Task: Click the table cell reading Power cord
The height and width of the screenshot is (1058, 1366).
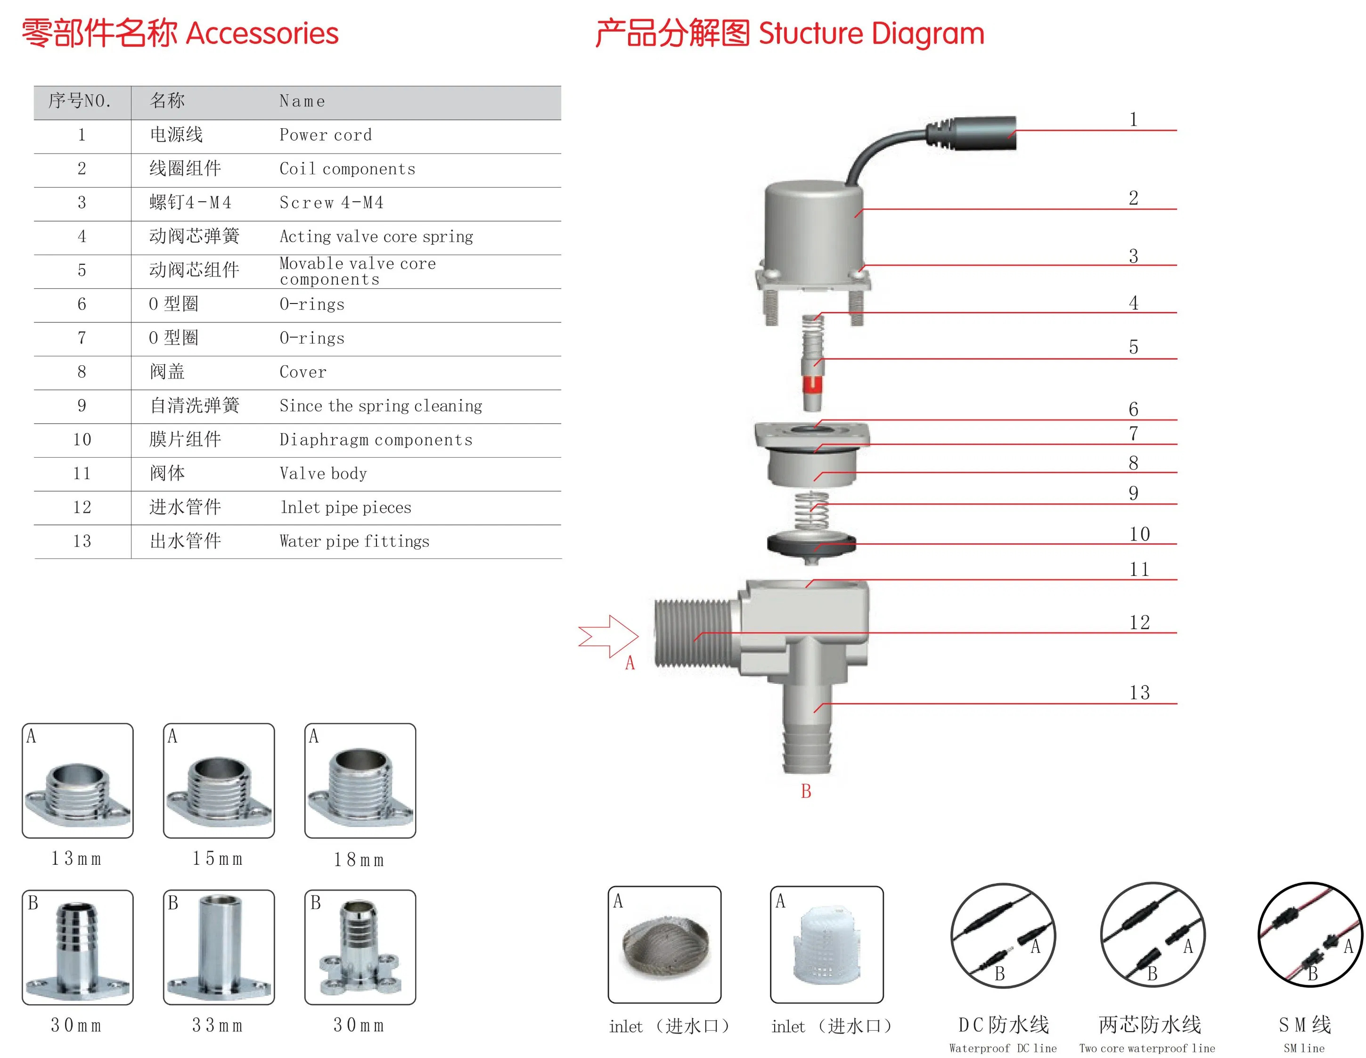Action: [x=325, y=135]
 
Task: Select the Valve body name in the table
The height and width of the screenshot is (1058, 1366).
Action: [x=323, y=474]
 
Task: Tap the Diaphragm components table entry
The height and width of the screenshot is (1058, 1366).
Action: [x=376, y=440]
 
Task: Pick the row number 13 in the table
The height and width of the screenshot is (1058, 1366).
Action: [x=82, y=541]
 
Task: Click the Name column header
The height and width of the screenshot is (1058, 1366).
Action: [x=302, y=101]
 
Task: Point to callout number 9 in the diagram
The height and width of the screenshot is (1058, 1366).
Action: [x=1133, y=493]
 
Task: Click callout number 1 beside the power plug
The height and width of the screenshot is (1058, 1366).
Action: [x=1133, y=120]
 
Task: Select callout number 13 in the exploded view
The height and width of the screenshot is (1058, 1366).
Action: [x=1139, y=693]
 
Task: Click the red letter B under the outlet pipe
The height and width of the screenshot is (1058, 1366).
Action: [x=806, y=791]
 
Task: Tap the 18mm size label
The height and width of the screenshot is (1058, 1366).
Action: [x=359, y=860]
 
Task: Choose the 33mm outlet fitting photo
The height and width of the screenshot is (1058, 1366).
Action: [x=219, y=947]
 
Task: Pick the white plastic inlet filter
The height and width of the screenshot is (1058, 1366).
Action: [x=826, y=945]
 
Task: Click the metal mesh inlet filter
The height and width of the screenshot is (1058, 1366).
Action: [x=665, y=945]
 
